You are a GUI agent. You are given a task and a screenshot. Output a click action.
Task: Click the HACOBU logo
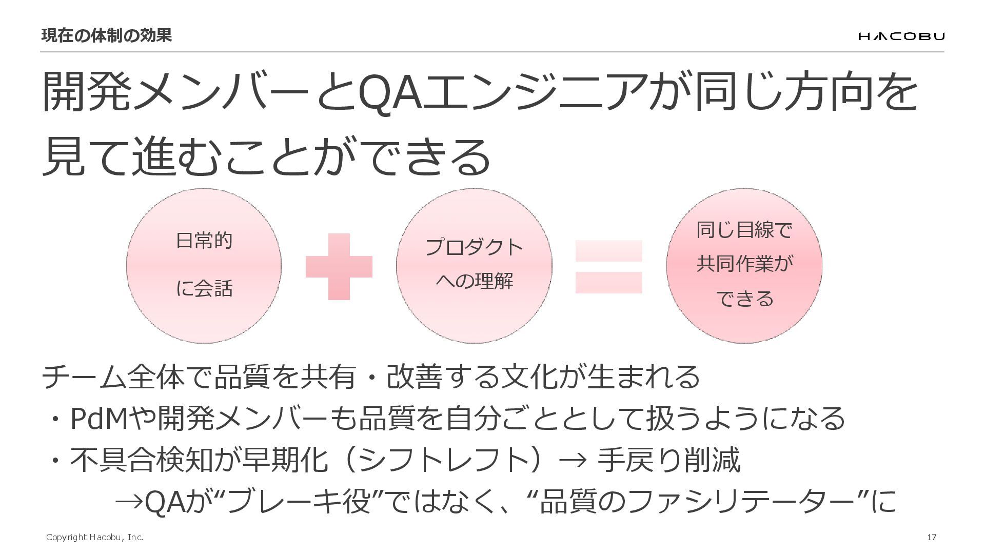coord(901,36)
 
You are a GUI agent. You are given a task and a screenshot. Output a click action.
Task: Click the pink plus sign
coord(339,267)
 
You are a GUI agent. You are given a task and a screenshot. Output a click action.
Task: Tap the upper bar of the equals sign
coord(608,251)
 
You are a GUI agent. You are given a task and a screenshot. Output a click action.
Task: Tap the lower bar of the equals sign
coord(608,283)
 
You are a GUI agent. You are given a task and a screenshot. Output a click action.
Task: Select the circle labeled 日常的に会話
coord(204,266)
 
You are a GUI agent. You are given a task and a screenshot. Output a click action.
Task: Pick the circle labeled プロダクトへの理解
coord(474,266)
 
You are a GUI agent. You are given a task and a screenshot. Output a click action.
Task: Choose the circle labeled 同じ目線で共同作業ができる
coord(744,266)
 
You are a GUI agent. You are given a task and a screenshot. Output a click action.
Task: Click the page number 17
coord(932,537)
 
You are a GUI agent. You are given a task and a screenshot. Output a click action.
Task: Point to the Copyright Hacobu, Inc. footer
coord(94,537)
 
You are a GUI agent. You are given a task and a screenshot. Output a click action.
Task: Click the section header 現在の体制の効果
coord(106,35)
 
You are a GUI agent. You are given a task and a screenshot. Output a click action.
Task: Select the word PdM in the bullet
coord(98,419)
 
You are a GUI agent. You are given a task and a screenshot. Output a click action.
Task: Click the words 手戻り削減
coord(669,460)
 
